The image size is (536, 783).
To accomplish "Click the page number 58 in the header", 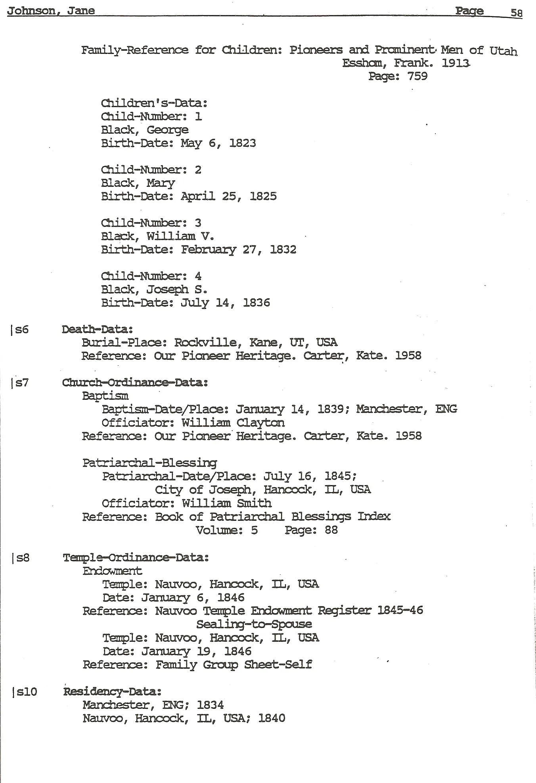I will [x=516, y=13].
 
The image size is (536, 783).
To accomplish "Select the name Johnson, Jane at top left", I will [x=51, y=10].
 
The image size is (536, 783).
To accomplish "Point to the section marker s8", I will [x=21, y=558].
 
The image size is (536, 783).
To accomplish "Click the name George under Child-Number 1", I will [x=167, y=130].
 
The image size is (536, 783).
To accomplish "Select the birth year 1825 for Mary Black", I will [x=263, y=196].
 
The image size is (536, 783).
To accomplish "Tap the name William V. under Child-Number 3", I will [x=180, y=236].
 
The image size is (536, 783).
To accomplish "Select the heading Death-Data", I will [x=97, y=329].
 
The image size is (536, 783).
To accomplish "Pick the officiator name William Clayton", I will [x=233, y=423].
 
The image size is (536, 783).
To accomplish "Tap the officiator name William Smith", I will [x=226, y=503].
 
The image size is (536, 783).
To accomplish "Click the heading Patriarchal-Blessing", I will [x=149, y=463].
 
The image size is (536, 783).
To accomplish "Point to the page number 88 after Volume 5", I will [x=331, y=530].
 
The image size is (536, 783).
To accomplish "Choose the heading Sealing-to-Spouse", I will [x=254, y=624].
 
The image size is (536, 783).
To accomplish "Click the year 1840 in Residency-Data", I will [x=272, y=718].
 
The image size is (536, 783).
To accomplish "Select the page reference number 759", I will [x=417, y=76].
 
